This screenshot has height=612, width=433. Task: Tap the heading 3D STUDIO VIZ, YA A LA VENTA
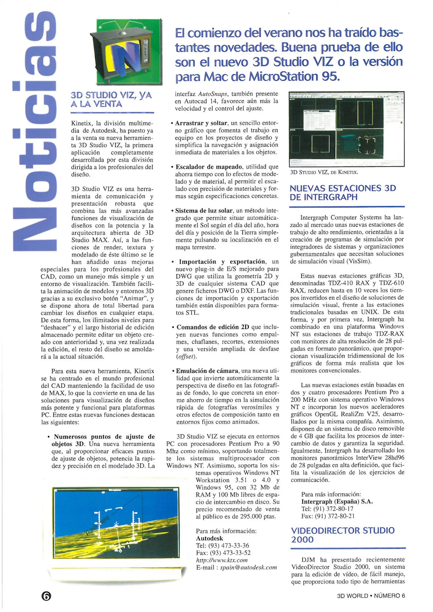pos(111,99)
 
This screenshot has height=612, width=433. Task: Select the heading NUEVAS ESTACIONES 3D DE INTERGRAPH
pos(343,193)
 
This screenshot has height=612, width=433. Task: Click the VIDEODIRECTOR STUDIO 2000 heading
pos(343,535)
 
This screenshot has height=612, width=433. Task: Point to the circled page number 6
pos(46,596)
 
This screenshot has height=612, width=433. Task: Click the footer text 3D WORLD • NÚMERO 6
pos(371,596)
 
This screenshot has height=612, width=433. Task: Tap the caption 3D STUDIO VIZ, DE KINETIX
pos(324,172)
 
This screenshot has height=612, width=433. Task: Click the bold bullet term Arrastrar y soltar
pos(201,123)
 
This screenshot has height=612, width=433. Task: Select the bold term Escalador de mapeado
pos(209,167)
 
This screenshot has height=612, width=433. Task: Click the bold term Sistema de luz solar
pos(204,211)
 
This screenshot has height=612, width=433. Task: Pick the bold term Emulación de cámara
pos(207,371)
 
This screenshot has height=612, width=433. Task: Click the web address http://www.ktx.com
pos(222,560)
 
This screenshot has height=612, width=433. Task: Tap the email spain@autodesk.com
pos(248,568)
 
